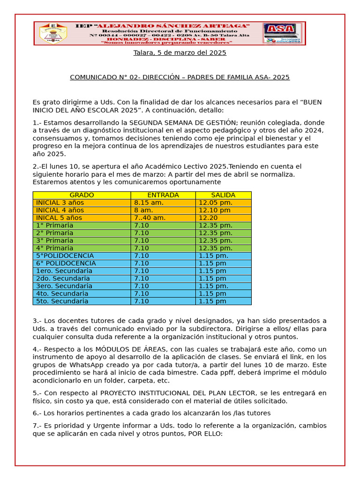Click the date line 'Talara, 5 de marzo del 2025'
(x=180, y=53)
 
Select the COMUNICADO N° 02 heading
(x=180, y=77)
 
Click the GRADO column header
(x=82, y=195)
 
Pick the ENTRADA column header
(x=163, y=195)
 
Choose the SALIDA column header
(x=223, y=195)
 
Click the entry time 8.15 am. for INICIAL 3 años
(x=149, y=202)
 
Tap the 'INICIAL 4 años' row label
(x=60, y=210)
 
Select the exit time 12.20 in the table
(x=208, y=217)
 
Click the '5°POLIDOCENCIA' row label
(x=65, y=255)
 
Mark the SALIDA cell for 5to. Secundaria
(x=212, y=301)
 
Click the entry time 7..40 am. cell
(x=150, y=217)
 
